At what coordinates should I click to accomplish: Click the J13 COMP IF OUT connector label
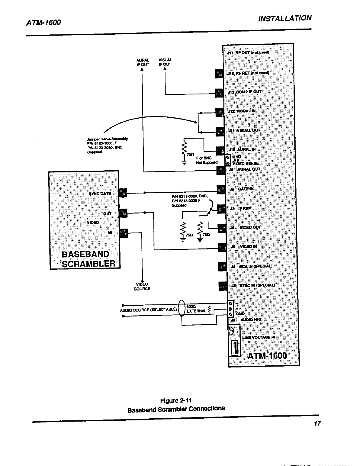coord(245,92)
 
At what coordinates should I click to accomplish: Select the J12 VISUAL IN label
coord(242,111)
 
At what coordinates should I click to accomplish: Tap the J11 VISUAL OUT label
coord(244,130)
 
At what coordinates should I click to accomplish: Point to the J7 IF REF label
coord(240,209)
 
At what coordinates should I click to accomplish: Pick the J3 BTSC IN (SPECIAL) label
coord(253,285)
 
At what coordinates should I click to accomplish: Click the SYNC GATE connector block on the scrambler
coord(123,193)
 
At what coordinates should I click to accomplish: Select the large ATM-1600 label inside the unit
coord(267,356)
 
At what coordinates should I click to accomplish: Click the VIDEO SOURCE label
coord(142,287)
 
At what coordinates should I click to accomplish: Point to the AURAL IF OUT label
coord(143,62)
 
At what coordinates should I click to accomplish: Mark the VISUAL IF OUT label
coord(165,62)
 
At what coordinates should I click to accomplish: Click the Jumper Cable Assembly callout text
coord(107,145)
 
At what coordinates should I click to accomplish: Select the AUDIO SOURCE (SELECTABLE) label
coord(149,309)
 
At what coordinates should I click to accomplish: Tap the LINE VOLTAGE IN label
coord(259,337)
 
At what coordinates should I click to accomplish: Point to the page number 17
coord(317,424)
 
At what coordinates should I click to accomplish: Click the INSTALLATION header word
coord(284,19)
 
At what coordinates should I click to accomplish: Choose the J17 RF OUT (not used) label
coord(248,53)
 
